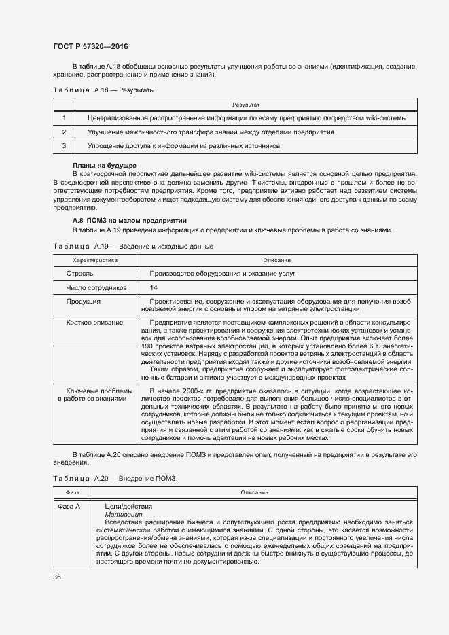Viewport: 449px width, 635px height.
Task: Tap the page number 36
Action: (x=57, y=577)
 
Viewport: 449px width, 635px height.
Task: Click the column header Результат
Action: (x=246, y=105)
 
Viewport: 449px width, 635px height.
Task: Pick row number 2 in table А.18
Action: (x=64, y=132)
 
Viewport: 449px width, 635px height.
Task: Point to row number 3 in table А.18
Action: (x=64, y=146)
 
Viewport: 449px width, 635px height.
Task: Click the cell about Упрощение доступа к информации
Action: (x=183, y=146)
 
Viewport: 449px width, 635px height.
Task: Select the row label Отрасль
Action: (x=80, y=273)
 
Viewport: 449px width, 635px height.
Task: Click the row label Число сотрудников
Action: (x=96, y=287)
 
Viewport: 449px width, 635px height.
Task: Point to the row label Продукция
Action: (x=84, y=301)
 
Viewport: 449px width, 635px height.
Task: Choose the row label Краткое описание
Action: (x=94, y=322)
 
